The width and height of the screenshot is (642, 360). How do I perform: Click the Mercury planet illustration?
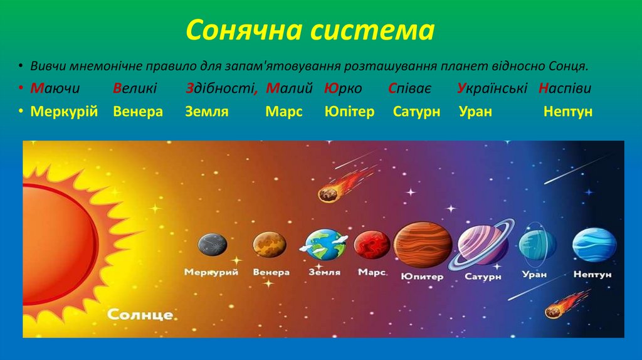213,245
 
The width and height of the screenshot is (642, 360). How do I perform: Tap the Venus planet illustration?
270,244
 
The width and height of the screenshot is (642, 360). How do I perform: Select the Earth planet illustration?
325,244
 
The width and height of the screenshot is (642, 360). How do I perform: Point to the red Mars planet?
372,245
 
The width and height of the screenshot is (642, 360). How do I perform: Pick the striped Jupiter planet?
423,244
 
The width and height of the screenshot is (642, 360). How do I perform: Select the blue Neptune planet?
594,244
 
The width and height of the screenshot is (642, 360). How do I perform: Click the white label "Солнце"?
140,314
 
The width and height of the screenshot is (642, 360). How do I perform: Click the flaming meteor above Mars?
329,193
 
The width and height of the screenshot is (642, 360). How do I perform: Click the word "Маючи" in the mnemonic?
55,88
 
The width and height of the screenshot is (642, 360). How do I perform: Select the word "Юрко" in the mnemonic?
343,88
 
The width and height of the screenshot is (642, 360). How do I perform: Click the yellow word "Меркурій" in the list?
64,112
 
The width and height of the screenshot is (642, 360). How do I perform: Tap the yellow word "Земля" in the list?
206,112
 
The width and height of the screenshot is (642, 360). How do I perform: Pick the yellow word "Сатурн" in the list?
416,112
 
